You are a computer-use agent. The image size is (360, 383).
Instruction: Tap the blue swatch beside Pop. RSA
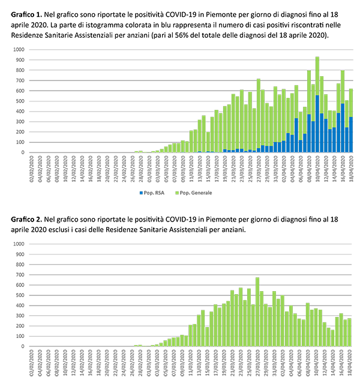click(140, 193)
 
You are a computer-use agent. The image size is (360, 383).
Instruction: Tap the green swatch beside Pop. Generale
click(176, 193)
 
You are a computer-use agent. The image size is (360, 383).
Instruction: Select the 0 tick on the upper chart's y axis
click(23, 152)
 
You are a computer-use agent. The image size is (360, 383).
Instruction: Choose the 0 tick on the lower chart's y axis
click(23, 346)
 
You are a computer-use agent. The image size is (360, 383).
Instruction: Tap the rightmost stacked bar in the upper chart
click(350, 120)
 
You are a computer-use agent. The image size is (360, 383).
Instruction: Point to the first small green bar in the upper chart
click(137, 150)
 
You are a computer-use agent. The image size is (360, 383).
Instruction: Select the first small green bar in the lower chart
click(137, 344)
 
